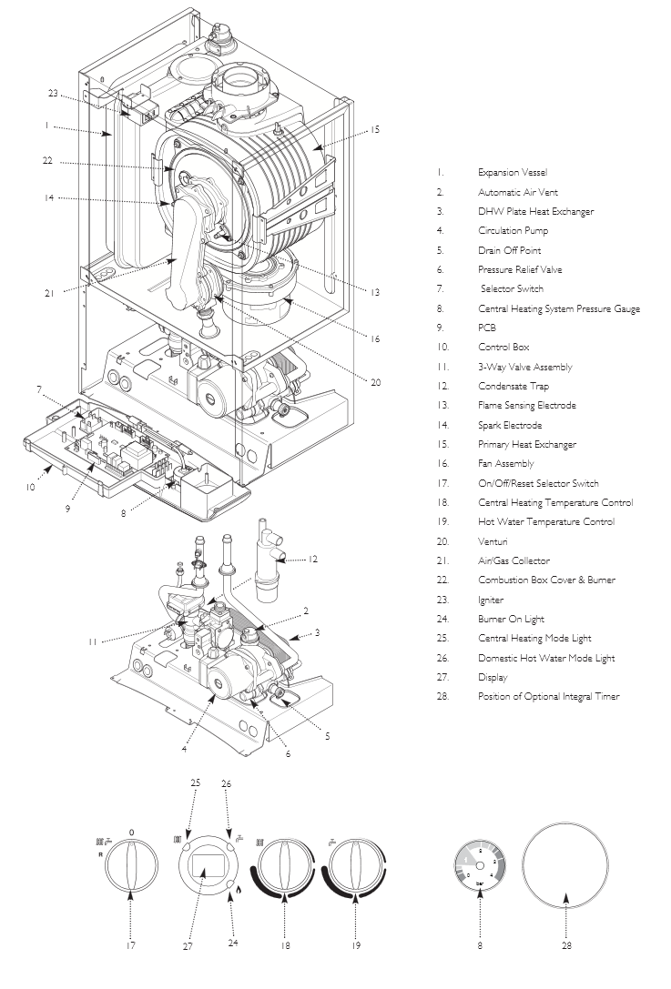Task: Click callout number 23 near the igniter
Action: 53,93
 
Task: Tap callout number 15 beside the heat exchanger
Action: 374,130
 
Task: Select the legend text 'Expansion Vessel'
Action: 513,172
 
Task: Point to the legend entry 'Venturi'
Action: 493,541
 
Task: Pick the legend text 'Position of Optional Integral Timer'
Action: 548,696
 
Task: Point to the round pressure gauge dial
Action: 479,864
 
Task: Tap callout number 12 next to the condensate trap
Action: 313,559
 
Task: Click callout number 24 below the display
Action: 233,944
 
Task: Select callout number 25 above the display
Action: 195,782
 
